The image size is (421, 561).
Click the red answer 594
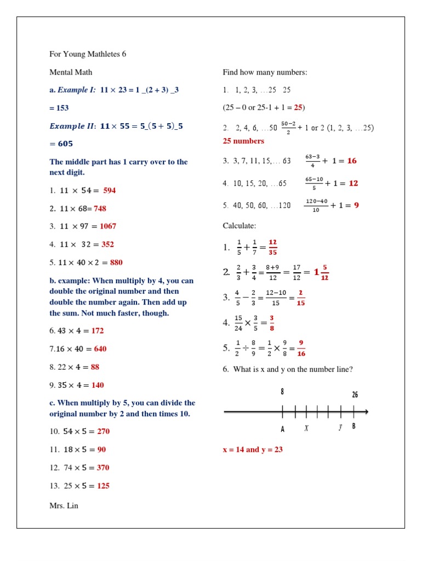click(109, 190)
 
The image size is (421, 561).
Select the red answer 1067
click(108, 226)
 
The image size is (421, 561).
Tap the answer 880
click(116, 262)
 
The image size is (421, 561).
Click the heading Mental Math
click(71, 72)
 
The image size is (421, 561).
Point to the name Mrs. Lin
click(64, 506)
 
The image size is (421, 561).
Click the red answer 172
click(98, 331)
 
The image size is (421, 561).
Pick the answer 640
click(100, 349)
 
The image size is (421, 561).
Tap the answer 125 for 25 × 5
click(103, 485)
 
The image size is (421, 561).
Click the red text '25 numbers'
click(243, 141)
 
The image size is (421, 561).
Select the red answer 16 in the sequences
click(352, 161)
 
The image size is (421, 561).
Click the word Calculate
click(239, 226)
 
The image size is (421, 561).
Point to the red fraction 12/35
click(272, 247)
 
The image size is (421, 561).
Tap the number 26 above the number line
click(355, 394)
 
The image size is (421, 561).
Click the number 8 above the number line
click(282, 392)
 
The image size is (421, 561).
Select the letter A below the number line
click(283, 429)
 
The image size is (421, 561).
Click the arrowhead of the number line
click(366, 412)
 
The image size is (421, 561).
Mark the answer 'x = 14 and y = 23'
click(252, 450)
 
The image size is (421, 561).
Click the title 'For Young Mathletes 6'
click(88, 54)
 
